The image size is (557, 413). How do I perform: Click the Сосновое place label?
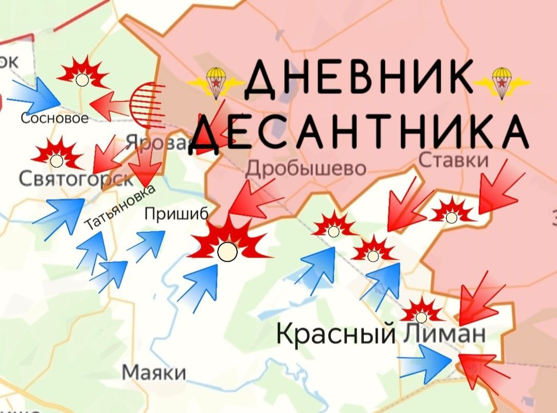click(54, 119)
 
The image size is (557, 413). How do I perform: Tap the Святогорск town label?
click(76, 179)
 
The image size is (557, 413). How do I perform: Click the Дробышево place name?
click(306, 168)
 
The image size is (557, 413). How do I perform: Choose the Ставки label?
click(453, 161)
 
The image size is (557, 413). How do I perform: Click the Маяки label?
click(154, 372)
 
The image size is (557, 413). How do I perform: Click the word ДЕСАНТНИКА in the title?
click(361, 132)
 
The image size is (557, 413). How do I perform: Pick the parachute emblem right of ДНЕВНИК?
click(502, 82)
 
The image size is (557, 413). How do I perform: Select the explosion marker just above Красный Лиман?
click(422, 311)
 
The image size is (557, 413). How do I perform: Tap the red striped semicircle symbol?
click(148, 104)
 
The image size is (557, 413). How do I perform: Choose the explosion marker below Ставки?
click(451, 212)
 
